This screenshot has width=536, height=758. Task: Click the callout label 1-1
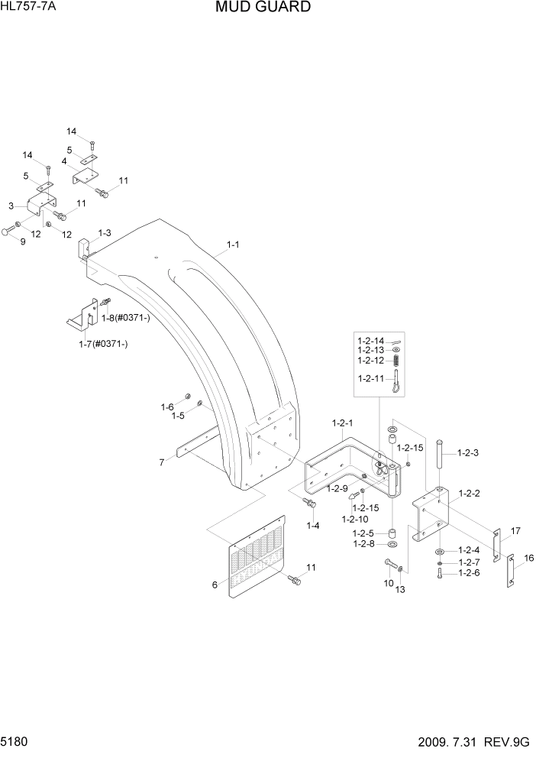point(234,245)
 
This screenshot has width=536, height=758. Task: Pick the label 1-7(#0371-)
point(103,345)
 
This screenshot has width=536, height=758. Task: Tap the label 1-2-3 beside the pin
point(467,453)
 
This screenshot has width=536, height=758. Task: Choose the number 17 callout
point(515,530)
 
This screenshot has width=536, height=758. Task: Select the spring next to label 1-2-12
point(397,361)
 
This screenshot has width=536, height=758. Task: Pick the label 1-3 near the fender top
point(105,232)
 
